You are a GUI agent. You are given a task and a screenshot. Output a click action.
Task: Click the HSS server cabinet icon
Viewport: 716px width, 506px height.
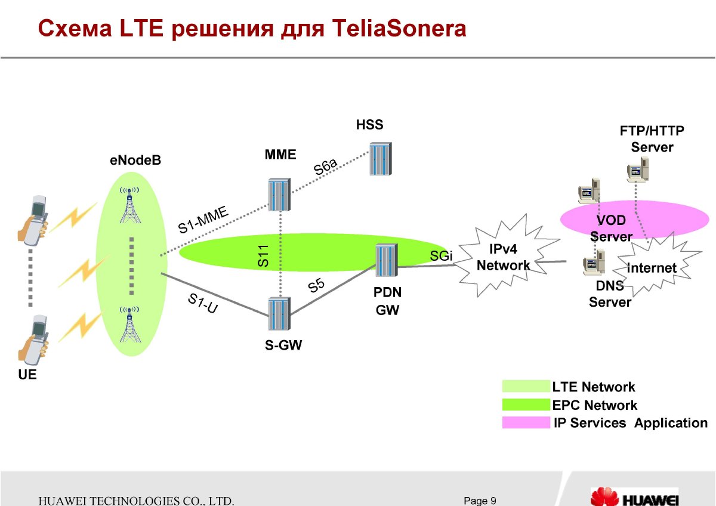(x=381, y=159)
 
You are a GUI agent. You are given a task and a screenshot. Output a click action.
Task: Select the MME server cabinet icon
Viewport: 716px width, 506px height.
(x=279, y=195)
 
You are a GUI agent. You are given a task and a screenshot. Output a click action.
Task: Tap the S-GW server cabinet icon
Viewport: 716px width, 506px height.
(x=279, y=314)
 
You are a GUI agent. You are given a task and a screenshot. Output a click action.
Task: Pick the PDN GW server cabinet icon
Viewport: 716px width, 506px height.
(x=387, y=260)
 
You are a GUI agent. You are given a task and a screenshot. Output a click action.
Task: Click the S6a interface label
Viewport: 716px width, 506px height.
(x=325, y=166)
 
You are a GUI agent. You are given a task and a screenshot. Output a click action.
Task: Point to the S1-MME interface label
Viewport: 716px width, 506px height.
(x=203, y=220)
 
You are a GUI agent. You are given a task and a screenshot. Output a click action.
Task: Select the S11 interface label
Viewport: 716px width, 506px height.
(x=263, y=256)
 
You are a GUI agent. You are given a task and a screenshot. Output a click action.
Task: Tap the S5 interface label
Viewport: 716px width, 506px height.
(x=316, y=285)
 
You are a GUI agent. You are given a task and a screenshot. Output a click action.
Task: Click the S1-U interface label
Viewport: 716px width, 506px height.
(x=203, y=303)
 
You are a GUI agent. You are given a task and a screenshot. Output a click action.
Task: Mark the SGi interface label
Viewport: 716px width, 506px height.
(x=441, y=255)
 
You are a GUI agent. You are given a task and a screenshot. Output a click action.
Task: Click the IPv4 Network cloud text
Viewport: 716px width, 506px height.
(x=503, y=257)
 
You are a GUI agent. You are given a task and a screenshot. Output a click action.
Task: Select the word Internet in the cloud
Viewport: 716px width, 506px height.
(x=652, y=268)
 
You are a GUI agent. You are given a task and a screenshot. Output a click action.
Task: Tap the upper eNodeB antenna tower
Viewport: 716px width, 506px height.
(x=129, y=205)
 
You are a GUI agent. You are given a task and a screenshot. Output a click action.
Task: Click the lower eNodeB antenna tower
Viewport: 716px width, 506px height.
(x=129, y=324)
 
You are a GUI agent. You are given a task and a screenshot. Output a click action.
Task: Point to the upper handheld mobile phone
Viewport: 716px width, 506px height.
(x=33, y=220)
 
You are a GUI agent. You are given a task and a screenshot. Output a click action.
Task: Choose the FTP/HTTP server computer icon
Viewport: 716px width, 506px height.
(x=638, y=169)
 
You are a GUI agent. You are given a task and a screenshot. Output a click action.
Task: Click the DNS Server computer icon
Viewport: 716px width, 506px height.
(x=594, y=263)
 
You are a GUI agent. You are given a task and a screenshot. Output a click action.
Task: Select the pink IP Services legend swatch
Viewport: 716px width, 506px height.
(x=526, y=422)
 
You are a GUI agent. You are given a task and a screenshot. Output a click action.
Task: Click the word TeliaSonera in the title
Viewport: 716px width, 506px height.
(x=399, y=29)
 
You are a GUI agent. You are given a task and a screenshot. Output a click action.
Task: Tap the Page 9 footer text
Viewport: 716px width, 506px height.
(x=480, y=501)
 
